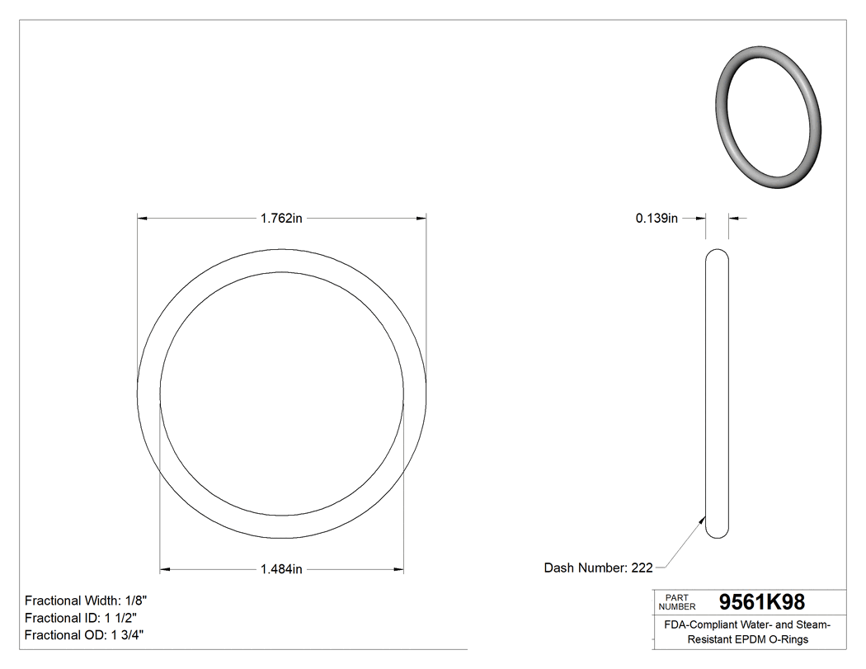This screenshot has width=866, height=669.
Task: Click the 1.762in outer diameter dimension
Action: pyautogui.click(x=281, y=219)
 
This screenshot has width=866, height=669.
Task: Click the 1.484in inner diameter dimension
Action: pyautogui.click(x=281, y=568)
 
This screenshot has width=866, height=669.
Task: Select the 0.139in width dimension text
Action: pyautogui.click(x=657, y=219)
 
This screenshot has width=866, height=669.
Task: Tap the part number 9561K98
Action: pyautogui.click(x=762, y=602)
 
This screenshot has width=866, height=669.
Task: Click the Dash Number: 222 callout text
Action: pyautogui.click(x=598, y=568)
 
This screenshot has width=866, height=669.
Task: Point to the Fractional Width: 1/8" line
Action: pyautogui.click(x=86, y=601)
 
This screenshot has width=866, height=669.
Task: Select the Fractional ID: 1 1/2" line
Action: pyautogui.click(x=80, y=618)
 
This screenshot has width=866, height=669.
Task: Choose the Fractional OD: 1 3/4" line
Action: pyautogui.click(x=84, y=635)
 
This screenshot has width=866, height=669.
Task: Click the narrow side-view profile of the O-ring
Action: pyautogui.click(x=718, y=394)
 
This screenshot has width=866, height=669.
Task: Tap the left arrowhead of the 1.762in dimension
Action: pyautogui.click(x=142, y=219)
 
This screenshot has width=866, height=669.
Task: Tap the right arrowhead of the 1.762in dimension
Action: pyautogui.click(x=421, y=219)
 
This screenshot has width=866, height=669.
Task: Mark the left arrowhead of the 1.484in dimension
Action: pyautogui.click(x=164, y=568)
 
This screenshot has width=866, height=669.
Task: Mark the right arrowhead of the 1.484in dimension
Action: pyautogui.click(x=398, y=568)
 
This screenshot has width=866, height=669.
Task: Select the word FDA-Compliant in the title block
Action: pyautogui.click(x=699, y=625)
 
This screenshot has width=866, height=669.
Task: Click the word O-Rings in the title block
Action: pyautogui.click(x=790, y=639)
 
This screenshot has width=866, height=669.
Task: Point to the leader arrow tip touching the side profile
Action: pyautogui.click(x=704, y=519)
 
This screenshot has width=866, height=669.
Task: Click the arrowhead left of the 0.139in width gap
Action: pyautogui.click(x=702, y=219)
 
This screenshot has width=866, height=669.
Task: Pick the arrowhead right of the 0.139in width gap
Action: pyautogui.click(x=733, y=219)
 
